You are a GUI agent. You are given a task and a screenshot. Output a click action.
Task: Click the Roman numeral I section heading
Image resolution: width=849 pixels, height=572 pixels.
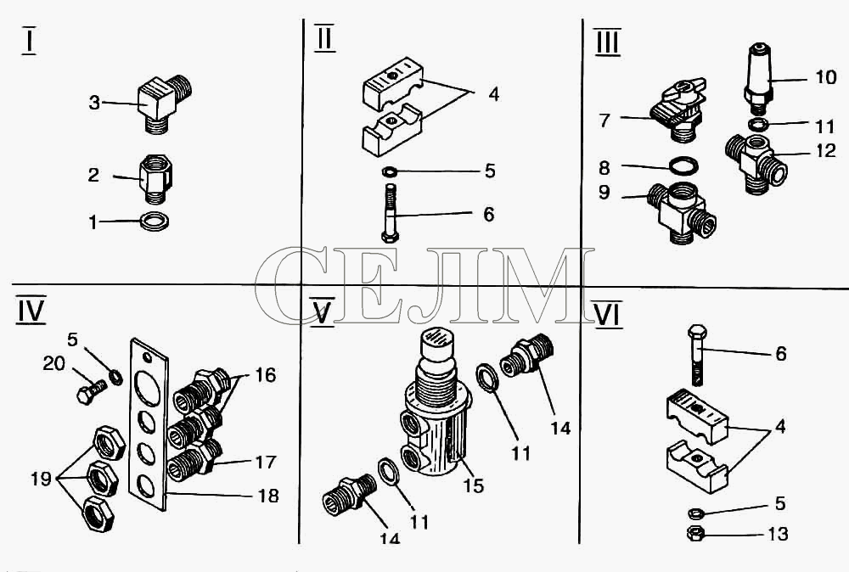(29, 41)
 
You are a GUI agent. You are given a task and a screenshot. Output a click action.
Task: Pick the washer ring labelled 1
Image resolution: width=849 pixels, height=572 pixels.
(155, 222)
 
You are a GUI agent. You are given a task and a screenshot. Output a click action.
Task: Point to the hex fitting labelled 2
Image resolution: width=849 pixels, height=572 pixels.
(156, 178)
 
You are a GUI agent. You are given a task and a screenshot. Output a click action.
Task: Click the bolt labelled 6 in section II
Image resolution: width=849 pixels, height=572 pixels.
(390, 213)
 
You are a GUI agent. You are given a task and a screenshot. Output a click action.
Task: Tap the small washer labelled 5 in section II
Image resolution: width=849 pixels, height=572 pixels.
(390, 172)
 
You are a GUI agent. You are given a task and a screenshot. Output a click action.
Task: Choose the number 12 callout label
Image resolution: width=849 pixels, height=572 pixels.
(826, 150)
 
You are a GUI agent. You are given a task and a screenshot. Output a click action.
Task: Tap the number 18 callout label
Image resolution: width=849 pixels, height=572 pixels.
(268, 496)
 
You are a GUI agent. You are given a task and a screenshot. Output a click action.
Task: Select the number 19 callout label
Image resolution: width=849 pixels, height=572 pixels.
(41, 479)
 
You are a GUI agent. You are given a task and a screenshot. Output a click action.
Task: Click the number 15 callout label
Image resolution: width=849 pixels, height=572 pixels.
(473, 485)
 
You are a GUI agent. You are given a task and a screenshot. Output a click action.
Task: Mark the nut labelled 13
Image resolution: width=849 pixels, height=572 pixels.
(694, 534)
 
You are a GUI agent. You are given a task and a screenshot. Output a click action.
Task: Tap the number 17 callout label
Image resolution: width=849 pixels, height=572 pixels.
(265, 463)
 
